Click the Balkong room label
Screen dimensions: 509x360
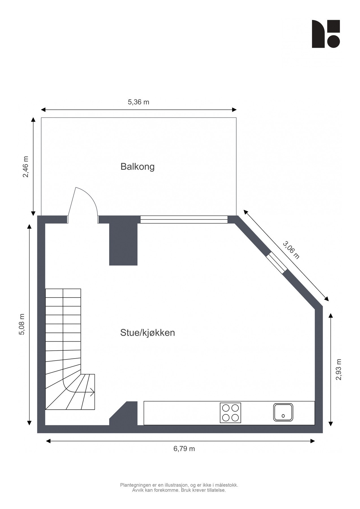pos(137,167)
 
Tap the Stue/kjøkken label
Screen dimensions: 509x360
pos(147,333)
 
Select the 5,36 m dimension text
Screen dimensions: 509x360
pos(138,102)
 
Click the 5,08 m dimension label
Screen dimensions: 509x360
pos(22,324)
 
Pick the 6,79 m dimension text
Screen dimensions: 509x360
pos(184,448)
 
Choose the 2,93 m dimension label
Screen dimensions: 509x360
pos(339,370)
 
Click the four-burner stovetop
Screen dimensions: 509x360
pos(230,413)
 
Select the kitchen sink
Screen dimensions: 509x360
pos(283,412)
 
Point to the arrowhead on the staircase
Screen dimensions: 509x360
pos(92,392)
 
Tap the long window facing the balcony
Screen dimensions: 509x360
pos(184,219)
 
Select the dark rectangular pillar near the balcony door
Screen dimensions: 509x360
pos(123,244)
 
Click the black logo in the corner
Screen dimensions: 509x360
pos(325,34)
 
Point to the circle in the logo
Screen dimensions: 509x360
pos(333,41)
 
